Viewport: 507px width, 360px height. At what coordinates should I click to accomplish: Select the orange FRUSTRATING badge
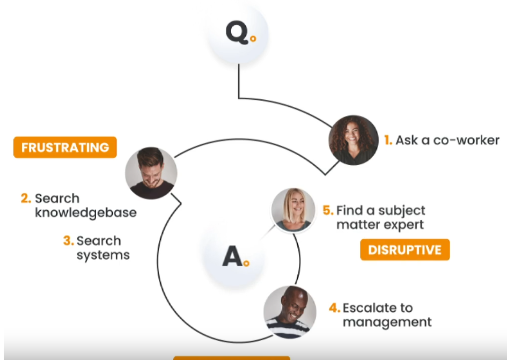(x=65, y=147)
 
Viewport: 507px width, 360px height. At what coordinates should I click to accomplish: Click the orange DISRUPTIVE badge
(x=405, y=249)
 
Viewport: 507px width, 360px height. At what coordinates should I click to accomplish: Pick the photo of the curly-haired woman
(x=353, y=140)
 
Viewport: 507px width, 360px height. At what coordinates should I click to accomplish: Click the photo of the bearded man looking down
(x=151, y=173)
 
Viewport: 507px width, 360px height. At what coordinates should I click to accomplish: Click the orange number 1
(x=388, y=141)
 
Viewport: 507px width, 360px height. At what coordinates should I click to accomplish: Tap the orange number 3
(x=68, y=241)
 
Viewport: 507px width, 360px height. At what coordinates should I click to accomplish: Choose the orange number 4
(x=334, y=308)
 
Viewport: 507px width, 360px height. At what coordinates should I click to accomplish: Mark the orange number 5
(x=328, y=210)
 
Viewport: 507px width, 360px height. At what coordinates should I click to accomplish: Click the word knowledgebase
(x=86, y=213)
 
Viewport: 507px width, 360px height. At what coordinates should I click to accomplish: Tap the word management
(x=387, y=322)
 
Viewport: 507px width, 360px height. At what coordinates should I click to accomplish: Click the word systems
(x=103, y=255)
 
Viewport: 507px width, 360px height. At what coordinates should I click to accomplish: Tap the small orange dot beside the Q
(x=253, y=39)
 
